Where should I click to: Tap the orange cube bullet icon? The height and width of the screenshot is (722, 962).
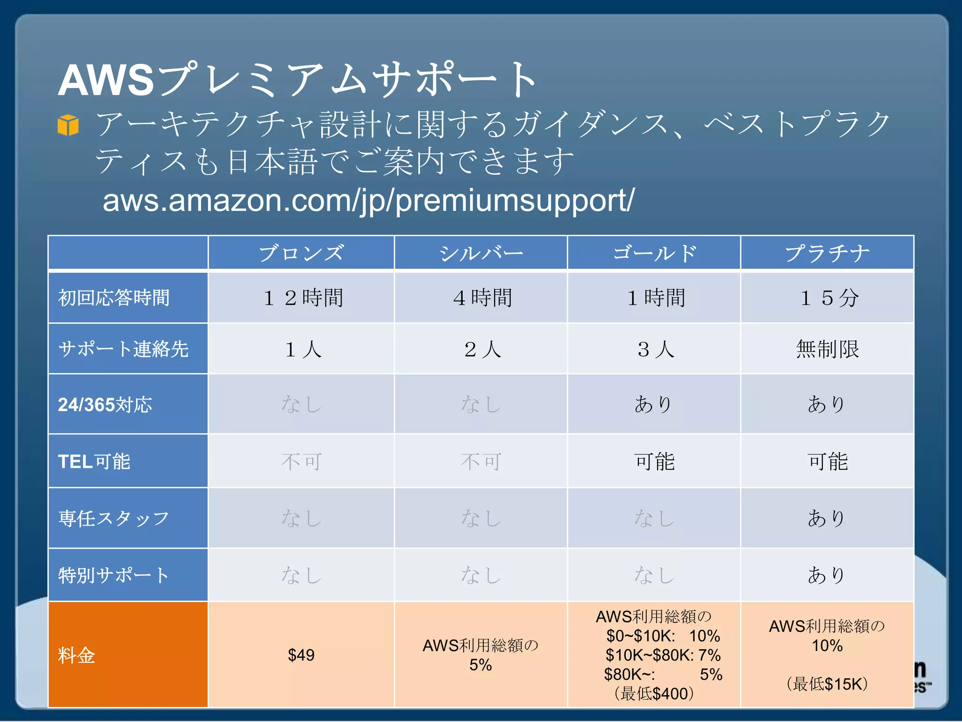click(68, 125)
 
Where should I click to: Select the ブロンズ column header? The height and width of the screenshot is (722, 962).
click(301, 253)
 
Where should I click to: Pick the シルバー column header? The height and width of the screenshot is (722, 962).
click(481, 253)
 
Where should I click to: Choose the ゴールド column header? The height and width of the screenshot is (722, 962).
click(654, 253)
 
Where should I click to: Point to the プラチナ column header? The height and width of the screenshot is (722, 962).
click(827, 253)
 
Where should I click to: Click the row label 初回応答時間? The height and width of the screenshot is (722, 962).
click(114, 298)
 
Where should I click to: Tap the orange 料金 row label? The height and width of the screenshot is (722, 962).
click(77, 655)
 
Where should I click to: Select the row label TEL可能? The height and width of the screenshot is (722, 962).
click(94, 462)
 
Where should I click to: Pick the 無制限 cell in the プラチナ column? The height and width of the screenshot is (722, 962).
click(828, 349)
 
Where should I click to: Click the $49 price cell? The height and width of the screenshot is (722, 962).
click(301, 655)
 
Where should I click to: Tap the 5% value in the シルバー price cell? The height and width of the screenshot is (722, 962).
click(481, 665)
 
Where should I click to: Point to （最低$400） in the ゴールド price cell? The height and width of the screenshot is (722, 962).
click(654, 694)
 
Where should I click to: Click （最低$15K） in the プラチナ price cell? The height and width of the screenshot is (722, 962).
click(827, 684)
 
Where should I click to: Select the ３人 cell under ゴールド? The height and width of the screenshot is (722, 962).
click(655, 349)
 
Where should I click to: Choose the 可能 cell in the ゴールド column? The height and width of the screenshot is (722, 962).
click(654, 462)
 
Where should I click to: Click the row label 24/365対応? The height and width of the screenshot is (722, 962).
click(105, 405)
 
